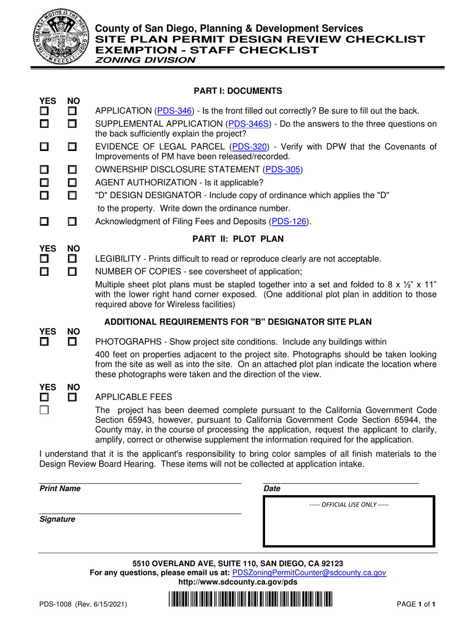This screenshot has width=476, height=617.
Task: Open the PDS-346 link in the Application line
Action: (175, 111)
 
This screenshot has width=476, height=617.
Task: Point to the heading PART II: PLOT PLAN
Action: (238, 239)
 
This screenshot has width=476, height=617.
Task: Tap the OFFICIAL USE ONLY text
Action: (349, 504)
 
